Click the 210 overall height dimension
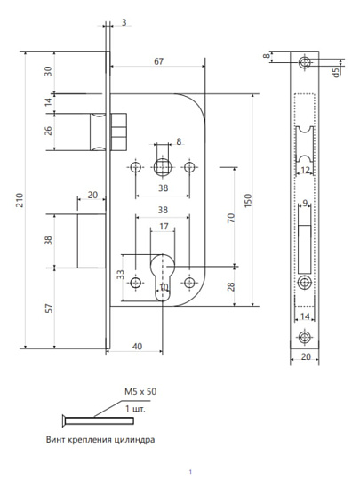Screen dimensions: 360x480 (x=20, y=200)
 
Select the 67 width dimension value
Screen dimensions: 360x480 (x=158, y=61)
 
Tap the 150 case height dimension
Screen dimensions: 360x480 (x=248, y=201)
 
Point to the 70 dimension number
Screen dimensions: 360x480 (x=231, y=218)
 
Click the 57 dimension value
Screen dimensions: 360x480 (x=49, y=308)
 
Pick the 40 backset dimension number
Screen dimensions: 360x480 (x=137, y=347)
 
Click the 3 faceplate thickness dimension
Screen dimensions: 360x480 (x=124, y=22)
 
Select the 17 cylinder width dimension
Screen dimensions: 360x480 (x=164, y=227)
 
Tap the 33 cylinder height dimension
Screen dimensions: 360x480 (x=121, y=275)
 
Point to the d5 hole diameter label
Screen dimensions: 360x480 (x=336, y=73)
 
